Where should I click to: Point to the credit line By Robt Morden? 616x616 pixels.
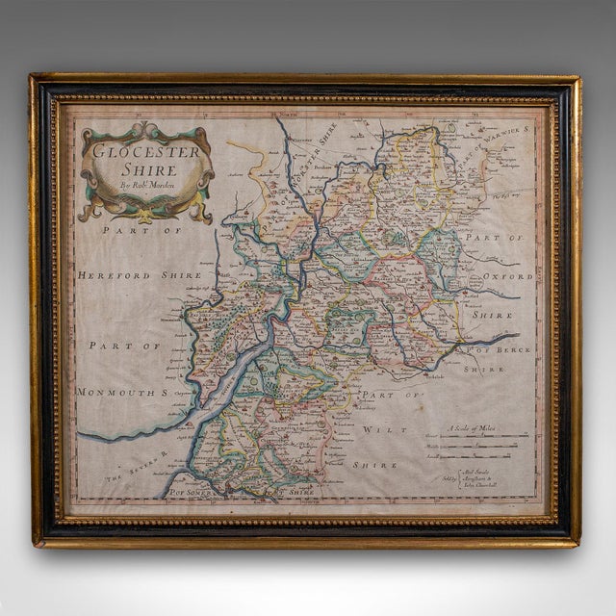tap(147, 183)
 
